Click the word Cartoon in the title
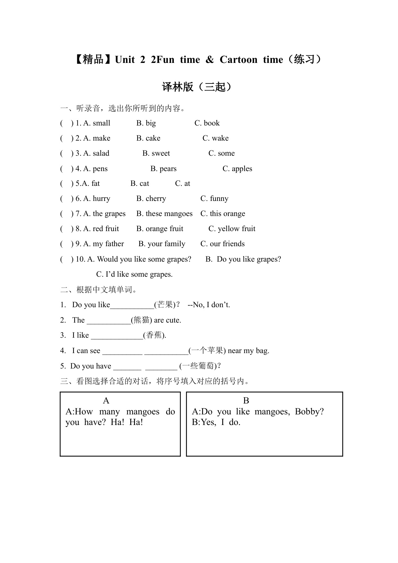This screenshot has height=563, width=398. pyautogui.click(x=238, y=60)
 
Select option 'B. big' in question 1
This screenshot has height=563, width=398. pyautogui.click(x=146, y=123)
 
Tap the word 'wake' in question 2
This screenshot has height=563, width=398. pyautogui.click(x=220, y=138)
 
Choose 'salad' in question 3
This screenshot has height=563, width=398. pyautogui.click(x=101, y=153)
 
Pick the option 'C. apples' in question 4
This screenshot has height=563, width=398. pyautogui.click(x=237, y=169)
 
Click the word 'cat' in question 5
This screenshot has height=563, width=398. pyautogui.click(x=144, y=184)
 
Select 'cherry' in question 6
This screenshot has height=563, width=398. pyautogui.click(x=156, y=199)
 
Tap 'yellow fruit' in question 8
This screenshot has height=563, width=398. pyautogui.click(x=236, y=229)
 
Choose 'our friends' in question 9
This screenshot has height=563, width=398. pyautogui.click(x=227, y=244)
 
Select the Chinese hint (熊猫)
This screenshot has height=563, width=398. pyautogui.click(x=141, y=320)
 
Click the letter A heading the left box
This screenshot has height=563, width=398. pyautogui.click(x=106, y=401)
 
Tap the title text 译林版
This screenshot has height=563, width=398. pyautogui.click(x=178, y=87)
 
